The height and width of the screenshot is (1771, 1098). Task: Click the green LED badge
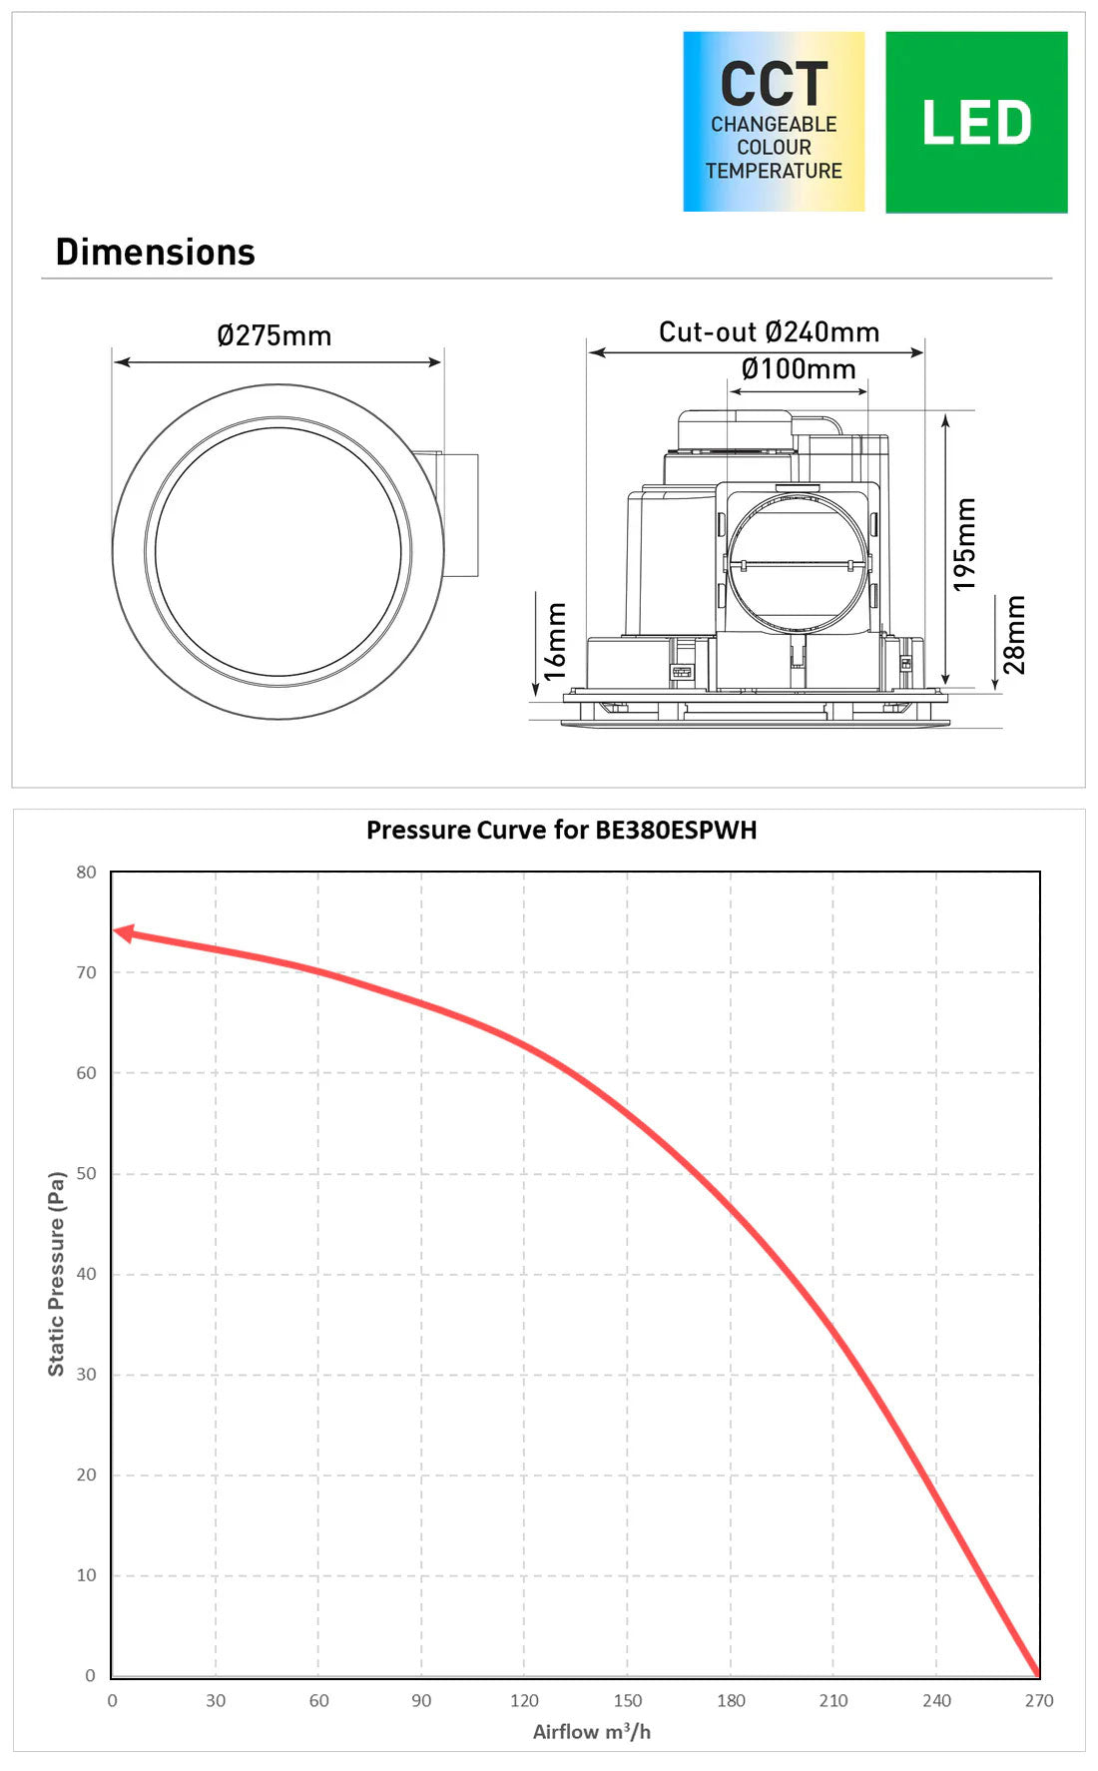coord(976,122)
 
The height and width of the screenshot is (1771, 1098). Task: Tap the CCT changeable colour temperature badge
coord(774,122)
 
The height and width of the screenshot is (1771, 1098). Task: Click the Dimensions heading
coord(156,253)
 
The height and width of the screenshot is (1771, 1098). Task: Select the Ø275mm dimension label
coord(274,335)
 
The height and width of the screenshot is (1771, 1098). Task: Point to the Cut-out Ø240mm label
coord(769,331)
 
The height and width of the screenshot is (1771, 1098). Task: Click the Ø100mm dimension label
coord(799,369)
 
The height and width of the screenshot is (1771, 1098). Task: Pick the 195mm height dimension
coord(964,545)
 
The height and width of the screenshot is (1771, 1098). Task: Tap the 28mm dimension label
coord(1013,635)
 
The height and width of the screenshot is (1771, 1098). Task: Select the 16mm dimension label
coord(555,641)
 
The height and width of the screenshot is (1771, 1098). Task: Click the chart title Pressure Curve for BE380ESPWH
coord(562,830)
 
